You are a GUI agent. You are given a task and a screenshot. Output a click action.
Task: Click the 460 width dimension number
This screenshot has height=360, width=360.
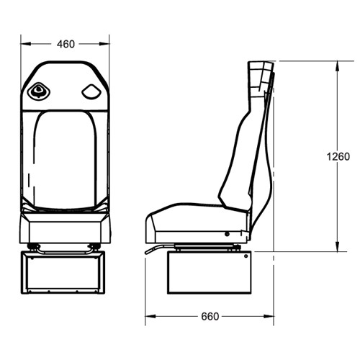point(66,44)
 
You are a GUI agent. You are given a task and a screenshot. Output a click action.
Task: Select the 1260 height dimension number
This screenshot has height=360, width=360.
point(337,156)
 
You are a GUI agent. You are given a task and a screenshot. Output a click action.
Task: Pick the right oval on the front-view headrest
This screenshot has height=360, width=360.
point(91,91)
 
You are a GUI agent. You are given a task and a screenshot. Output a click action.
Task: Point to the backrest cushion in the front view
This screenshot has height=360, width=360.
point(65,158)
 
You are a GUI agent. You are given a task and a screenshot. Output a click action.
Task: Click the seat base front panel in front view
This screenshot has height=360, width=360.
point(65,229)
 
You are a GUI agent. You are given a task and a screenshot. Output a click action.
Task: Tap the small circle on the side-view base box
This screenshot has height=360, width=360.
point(228,234)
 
